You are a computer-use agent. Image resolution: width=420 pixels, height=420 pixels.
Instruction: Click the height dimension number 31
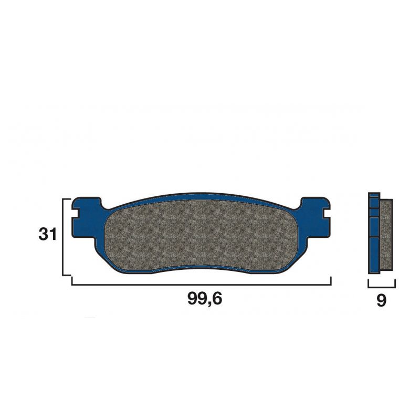47,235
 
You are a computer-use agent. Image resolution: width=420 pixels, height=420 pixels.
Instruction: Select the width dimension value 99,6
205,300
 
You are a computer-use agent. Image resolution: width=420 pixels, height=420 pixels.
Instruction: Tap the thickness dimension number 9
382,301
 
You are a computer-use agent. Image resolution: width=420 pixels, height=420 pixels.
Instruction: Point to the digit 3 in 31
43,235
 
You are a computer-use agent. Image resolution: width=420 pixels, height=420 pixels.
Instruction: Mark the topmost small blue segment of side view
374,195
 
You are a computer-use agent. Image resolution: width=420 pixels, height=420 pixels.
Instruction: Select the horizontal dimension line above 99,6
201,285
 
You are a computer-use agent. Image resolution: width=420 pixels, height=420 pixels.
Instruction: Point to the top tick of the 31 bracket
67,199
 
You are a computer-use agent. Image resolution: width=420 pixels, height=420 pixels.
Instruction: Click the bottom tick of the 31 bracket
67,275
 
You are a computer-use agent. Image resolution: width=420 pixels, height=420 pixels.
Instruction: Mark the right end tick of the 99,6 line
330,281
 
